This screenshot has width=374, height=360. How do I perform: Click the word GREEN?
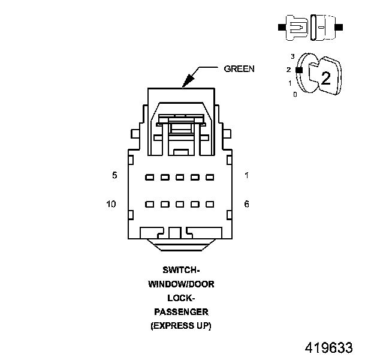pyautogui.click(x=239, y=68)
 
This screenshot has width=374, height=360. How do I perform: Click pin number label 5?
pyautogui.click(x=114, y=175)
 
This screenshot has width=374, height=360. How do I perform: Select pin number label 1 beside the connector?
pyautogui.click(x=247, y=175)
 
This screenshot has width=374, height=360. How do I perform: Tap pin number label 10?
pyautogui.click(x=111, y=204)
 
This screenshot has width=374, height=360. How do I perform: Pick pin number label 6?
pyautogui.click(x=247, y=204)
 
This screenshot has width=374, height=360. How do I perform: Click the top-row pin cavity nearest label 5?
pyautogui.click(x=149, y=177)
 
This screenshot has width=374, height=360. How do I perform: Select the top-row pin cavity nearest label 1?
pyautogui.click(x=210, y=177)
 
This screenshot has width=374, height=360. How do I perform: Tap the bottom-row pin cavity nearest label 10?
pyautogui.click(x=149, y=205)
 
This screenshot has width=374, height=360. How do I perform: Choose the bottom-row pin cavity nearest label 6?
pyautogui.click(x=210, y=205)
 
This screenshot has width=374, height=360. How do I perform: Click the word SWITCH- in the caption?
pyautogui.click(x=181, y=270)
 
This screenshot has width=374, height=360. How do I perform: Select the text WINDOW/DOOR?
pyautogui.click(x=181, y=284)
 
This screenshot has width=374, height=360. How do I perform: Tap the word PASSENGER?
pyautogui.click(x=181, y=312)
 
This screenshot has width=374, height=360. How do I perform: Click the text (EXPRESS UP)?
pyautogui.click(x=181, y=326)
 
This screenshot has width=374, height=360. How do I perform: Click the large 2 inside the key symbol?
pyautogui.click(x=325, y=77)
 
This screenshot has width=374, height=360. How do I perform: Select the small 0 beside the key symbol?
pyautogui.click(x=294, y=94)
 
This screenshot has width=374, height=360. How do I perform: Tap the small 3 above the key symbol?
pyautogui.click(x=292, y=56)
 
